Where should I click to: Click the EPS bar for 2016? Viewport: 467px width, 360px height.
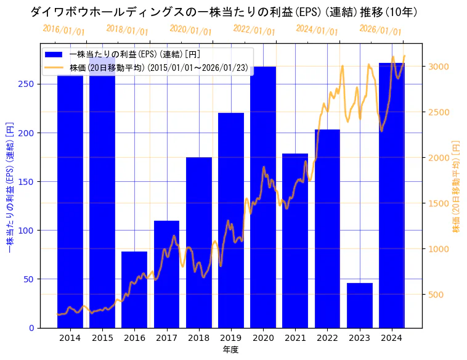(x=134, y=290)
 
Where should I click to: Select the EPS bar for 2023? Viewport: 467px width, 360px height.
(x=360, y=305)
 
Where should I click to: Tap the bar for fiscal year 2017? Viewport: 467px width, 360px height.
(x=166, y=274)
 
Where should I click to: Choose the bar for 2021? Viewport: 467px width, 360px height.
(x=295, y=240)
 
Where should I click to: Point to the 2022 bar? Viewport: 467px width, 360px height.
(x=327, y=228)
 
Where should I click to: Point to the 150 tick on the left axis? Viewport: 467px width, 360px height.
(x=28, y=182)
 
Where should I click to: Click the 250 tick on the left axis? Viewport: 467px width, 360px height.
(x=28, y=84)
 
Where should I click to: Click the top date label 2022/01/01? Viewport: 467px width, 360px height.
(x=254, y=30)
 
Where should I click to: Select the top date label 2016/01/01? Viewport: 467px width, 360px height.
(x=64, y=30)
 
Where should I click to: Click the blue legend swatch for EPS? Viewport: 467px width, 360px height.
(x=54, y=54)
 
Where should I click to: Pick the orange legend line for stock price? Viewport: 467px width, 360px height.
(x=54, y=67)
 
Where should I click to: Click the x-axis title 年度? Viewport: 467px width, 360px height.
(x=230, y=350)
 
